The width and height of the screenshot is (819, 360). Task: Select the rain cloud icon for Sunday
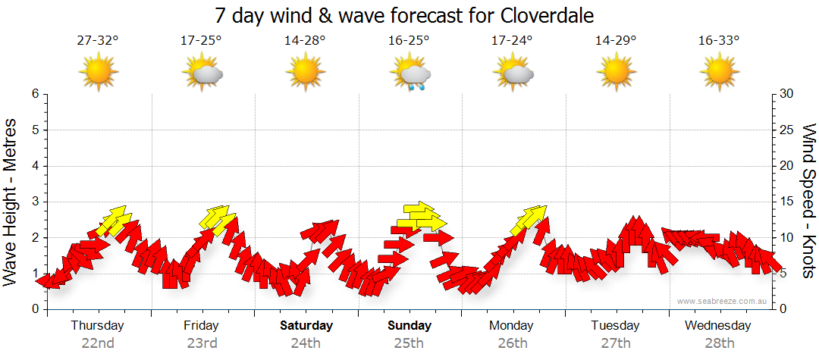pyautogui.click(x=410, y=74)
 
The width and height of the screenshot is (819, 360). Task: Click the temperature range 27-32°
pyautogui.click(x=98, y=40)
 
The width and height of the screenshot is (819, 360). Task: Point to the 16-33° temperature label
pyautogui.click(x=719, y=40)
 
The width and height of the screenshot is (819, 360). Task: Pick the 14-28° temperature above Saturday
pyautogui.click(x=305, y=40)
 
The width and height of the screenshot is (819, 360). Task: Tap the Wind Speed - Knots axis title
pyautogui.click(x=808, y=201)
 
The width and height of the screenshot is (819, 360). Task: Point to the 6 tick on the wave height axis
pyautogui.click(x=34, y=94)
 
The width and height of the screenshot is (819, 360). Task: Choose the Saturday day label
pyautogui.click(x=306, y=326)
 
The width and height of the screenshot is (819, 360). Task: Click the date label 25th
pyautogui.click(x=409, y=343)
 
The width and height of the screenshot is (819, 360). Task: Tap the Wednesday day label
pyautogui.click(x=717, y=326)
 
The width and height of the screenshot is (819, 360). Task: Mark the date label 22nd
pyautogui.click(x=98, y=343)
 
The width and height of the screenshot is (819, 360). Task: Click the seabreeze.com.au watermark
pyautogui.click(x=723, y=301)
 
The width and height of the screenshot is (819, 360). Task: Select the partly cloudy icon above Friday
pyautogui.click(x=202, y=73)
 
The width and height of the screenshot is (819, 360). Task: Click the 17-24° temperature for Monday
pyautogui.click(x=512, y=40)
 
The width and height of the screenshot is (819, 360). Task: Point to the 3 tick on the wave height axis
pyautogui.click(x=34, y=202)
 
